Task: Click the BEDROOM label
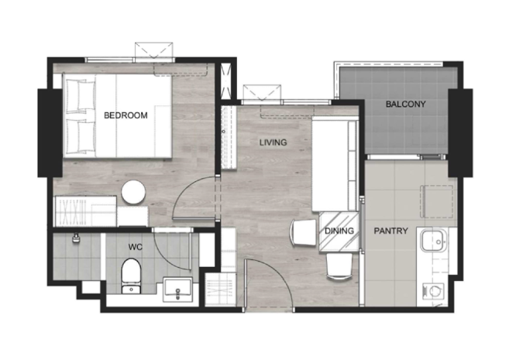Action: coord(126,115)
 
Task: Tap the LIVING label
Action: coord(273,142)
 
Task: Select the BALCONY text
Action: coord(406,105)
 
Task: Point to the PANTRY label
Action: coord(391,231)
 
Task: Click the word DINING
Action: coord(339,231)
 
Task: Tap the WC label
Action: coord(136,247)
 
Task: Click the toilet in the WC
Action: coord(131,276)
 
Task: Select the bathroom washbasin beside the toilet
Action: coord(178,290)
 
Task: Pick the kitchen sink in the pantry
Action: coord(434,240)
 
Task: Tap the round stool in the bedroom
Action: coord(133,192)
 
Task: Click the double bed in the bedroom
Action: coord(118,115)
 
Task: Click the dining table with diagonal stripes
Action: coord(339,231)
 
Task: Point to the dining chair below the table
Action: coord(339,266)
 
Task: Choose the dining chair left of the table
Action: coord(303,232)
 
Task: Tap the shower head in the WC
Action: coord(77,238)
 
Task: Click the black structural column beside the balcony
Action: coord(460,133)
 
